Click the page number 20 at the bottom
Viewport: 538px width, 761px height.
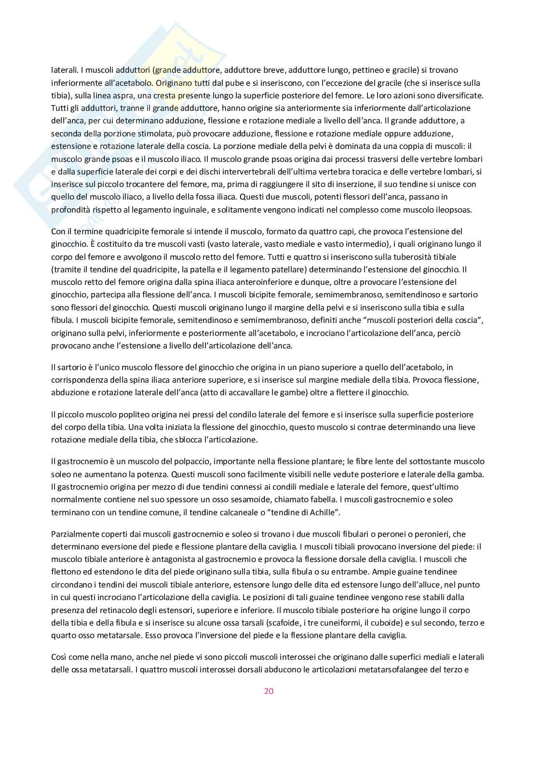pyautogui.click(x=269, y=691)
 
